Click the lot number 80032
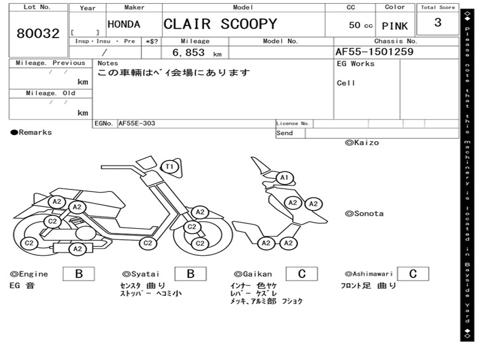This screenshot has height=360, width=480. [38, 33]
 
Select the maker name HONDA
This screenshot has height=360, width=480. [124, 24]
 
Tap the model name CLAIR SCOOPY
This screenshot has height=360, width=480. [220, 24]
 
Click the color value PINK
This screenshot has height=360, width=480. [395, 26]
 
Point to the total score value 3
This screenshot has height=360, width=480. [438, 22]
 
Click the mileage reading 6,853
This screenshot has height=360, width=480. [188, 52]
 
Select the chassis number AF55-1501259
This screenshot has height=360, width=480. [375, 52]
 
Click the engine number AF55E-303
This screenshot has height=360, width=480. [137, 123]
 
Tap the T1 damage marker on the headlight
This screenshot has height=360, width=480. [170, 166]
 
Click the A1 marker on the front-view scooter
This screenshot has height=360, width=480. [285, 178]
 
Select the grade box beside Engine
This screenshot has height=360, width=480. [79, 274]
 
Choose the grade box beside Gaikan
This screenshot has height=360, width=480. [301, 274]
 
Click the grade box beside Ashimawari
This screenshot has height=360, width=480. [413, 274]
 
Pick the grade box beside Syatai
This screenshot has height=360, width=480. [190, 274]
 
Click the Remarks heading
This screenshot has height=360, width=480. [31, 133]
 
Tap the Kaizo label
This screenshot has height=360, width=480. [362, 142]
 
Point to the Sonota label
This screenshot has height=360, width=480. [364, 214]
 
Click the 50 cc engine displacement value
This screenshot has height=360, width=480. [360, 25]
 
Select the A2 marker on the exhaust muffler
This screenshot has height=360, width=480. [78, 248]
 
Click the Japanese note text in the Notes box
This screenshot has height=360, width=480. [173, 73]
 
